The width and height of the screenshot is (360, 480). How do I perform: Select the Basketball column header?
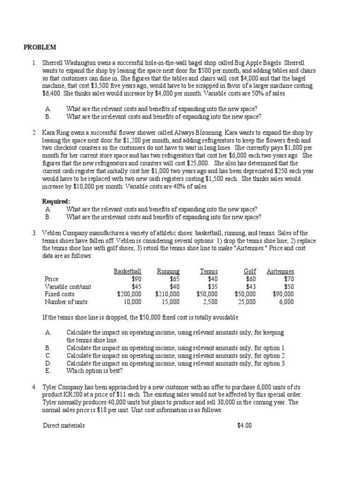pos(127,271)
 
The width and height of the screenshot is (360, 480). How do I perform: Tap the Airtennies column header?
pos(280,271)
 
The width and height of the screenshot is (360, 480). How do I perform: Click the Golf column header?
pos(249,271)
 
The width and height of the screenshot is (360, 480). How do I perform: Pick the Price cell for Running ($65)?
pos(174,279)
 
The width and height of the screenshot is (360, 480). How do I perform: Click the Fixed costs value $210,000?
pos(167,294)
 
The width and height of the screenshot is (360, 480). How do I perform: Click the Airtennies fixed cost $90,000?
pos(283,294)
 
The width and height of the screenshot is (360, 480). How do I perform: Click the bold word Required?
pos(56,202)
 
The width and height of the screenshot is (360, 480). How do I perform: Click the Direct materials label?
pos(64,426)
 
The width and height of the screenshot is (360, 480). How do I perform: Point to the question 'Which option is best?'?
pos(95,371)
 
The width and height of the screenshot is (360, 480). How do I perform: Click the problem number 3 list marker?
pos(34,233)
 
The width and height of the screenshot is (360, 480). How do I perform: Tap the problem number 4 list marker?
pos(34,387)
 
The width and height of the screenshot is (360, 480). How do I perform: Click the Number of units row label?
pos(66,302)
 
